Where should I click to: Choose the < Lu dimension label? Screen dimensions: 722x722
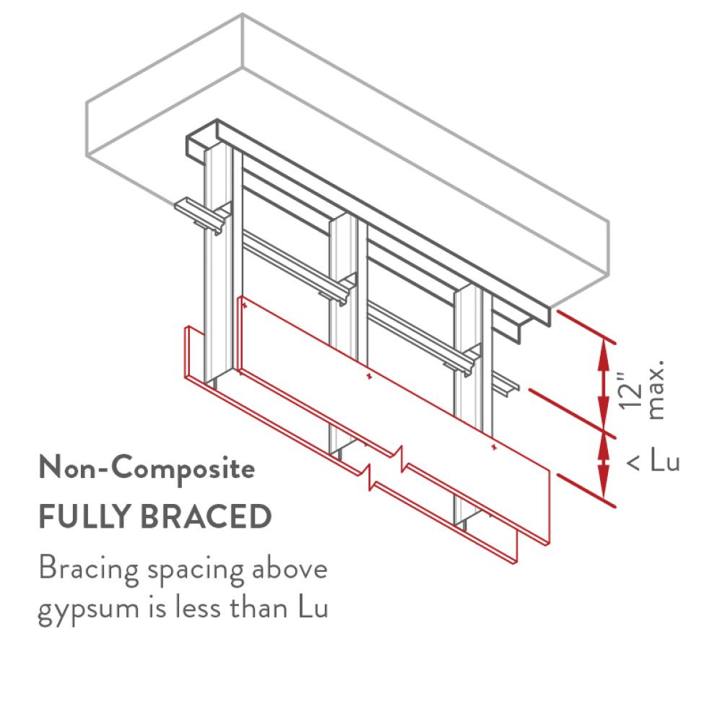click(653, 462)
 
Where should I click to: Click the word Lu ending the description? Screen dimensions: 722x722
click(312, 609)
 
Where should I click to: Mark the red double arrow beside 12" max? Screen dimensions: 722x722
click(602, 387)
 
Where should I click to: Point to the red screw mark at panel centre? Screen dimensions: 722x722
click(368, 376)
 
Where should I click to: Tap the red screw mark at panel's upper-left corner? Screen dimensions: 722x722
click(245, 307)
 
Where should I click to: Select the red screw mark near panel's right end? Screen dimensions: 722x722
click(492, 448)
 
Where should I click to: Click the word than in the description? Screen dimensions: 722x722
click(255, 609)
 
